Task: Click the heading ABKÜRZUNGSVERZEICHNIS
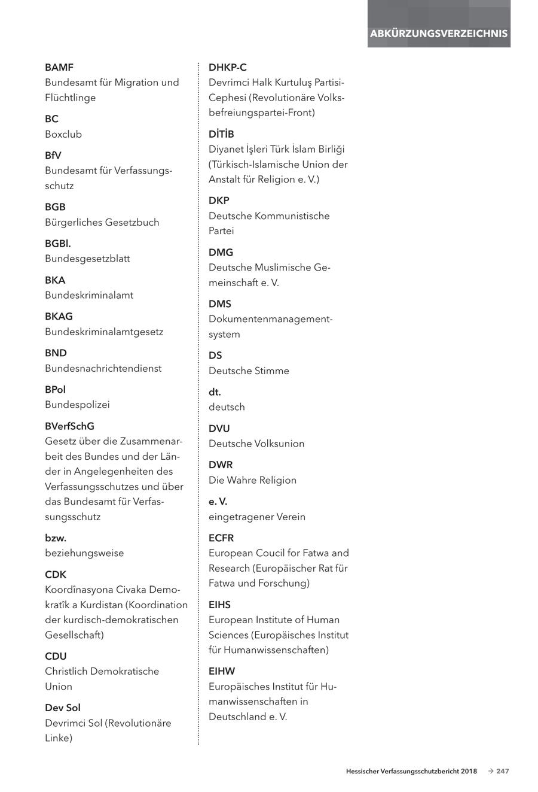click(x=439, y=34)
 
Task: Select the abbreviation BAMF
click(x=59, y=68)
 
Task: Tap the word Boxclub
click(x=63, y=134)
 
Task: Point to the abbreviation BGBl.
click(x=58, y=244)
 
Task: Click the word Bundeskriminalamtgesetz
click(x=104, y=332)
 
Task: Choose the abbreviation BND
click(x=56, y=353)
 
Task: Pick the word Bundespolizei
click(x=77, y=405)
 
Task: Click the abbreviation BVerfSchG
click(x=69, y=426)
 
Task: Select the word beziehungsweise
click(x=84, y=553)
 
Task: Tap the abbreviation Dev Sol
click(x=63, y=708)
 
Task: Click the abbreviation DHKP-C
click(x=227, y=68)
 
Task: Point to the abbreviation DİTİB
click(x=221, y=134)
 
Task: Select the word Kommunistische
click(x=292, y=216)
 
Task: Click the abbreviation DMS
click(x=219, y=304)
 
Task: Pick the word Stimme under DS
click(x=271, y=371)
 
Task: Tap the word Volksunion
click(x=280, y=444)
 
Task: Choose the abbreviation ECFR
click(x=221, y=538)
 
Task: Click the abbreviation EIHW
click(x=222, y=671)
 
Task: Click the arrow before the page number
click(x=490, y=772)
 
